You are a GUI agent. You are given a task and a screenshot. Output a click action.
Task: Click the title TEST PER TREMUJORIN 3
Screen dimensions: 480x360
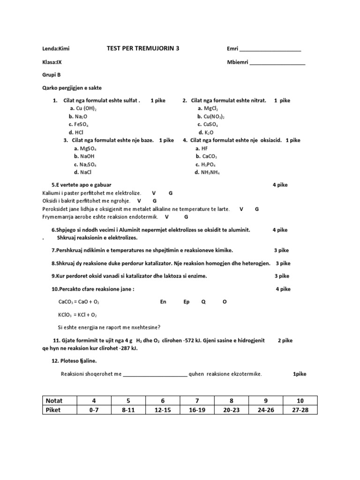[x=142, y=48]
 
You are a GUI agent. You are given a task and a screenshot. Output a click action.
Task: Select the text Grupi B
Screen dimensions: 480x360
[x=52, y=75]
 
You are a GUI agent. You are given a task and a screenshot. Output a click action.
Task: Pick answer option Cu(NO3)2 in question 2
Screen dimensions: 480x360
[x=211, y=116]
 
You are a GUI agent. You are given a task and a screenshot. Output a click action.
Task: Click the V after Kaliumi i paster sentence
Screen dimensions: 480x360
[x=154, y=193]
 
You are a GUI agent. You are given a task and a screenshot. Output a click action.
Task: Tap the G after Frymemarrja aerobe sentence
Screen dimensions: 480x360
[x=186, y=217]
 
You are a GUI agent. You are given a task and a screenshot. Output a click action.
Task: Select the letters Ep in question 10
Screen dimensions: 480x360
[x=187, y=302]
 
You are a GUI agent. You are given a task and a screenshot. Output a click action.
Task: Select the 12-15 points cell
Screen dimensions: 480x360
[x=163, y=410]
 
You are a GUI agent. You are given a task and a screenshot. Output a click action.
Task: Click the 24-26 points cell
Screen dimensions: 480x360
[x=265, y=410]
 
